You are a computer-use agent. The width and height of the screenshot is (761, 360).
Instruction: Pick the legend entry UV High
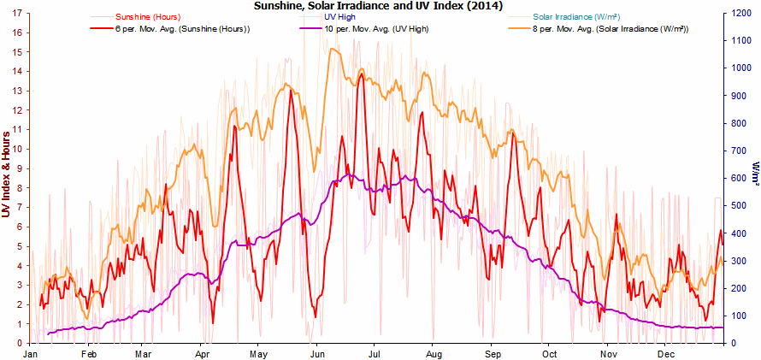[340, 16]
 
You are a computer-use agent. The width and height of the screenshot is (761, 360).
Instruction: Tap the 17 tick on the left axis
[18, 13]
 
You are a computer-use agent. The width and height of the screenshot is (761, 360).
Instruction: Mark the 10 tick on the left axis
[18, 149]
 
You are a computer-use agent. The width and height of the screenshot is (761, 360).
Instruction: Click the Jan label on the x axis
[31, 353]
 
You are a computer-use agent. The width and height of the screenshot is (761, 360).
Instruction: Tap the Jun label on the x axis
[317, 353]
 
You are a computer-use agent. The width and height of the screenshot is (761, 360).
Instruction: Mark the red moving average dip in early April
[212, 322]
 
